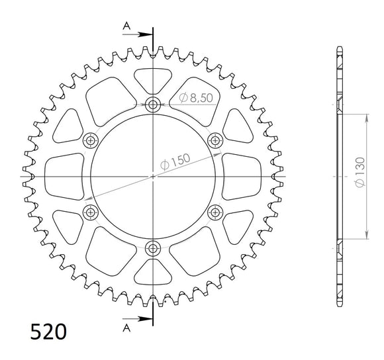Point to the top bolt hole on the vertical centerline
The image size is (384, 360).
pos(154,104)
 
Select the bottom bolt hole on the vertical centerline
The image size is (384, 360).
pos(154,249)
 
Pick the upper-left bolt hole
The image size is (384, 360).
pos(91,140)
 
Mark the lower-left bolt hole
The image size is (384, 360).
pos(91,212)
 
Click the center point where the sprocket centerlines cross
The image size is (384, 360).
pos(154,176)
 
